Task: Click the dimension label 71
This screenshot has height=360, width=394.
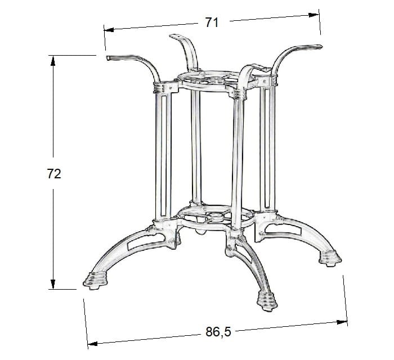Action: [212, 22]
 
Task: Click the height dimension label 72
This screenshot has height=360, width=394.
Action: [53, 174]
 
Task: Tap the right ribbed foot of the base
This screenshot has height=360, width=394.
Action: [332, 258]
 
